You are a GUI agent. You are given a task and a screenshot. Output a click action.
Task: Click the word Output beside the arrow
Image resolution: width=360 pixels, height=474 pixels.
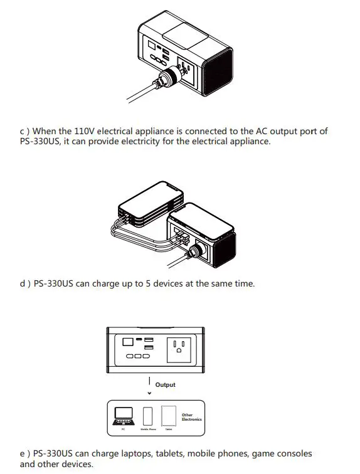[x=166, y=384]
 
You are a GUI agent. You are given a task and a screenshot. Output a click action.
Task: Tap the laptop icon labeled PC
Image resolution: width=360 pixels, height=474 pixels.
[x=124, y=416]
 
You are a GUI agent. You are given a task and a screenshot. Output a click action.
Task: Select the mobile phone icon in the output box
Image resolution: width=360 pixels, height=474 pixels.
[x=147, y=416]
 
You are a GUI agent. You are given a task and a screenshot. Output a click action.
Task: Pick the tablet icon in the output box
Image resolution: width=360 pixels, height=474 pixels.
[x=168, y=416]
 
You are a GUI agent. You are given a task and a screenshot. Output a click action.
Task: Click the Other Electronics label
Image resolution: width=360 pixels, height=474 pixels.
[x=191, y=417]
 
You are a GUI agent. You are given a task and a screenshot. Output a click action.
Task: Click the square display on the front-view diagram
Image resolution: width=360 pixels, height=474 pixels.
[x=127, y=341]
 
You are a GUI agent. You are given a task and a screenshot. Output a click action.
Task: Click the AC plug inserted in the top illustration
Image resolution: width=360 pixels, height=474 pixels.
[x=167, y=82]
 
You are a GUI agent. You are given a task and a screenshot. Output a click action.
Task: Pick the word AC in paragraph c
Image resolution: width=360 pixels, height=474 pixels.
[x=263, y=131]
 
